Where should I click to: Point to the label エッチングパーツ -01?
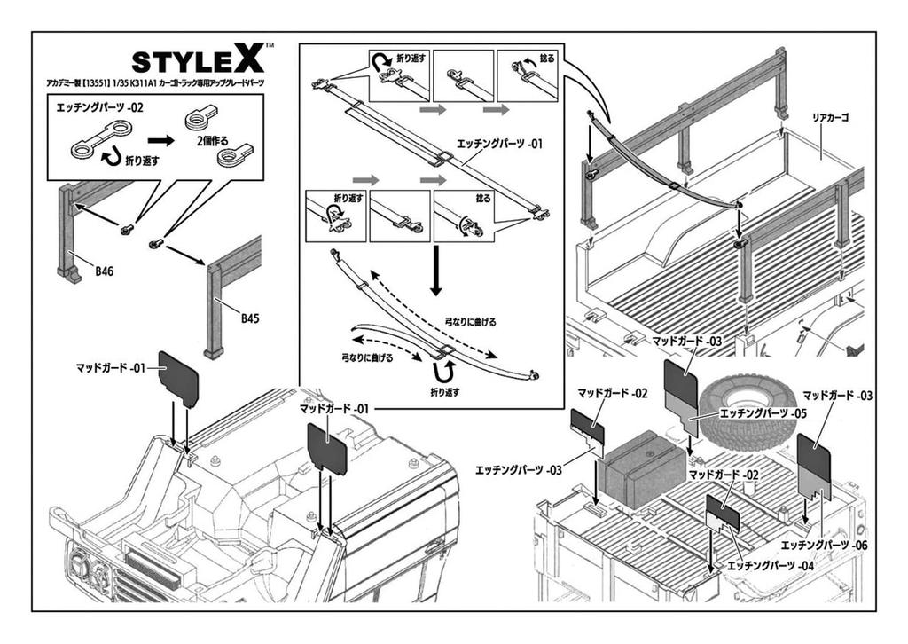pyautogui.click(x=498, y=142)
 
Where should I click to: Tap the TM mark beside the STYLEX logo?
pyautogui.click(x=269, y=44)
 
